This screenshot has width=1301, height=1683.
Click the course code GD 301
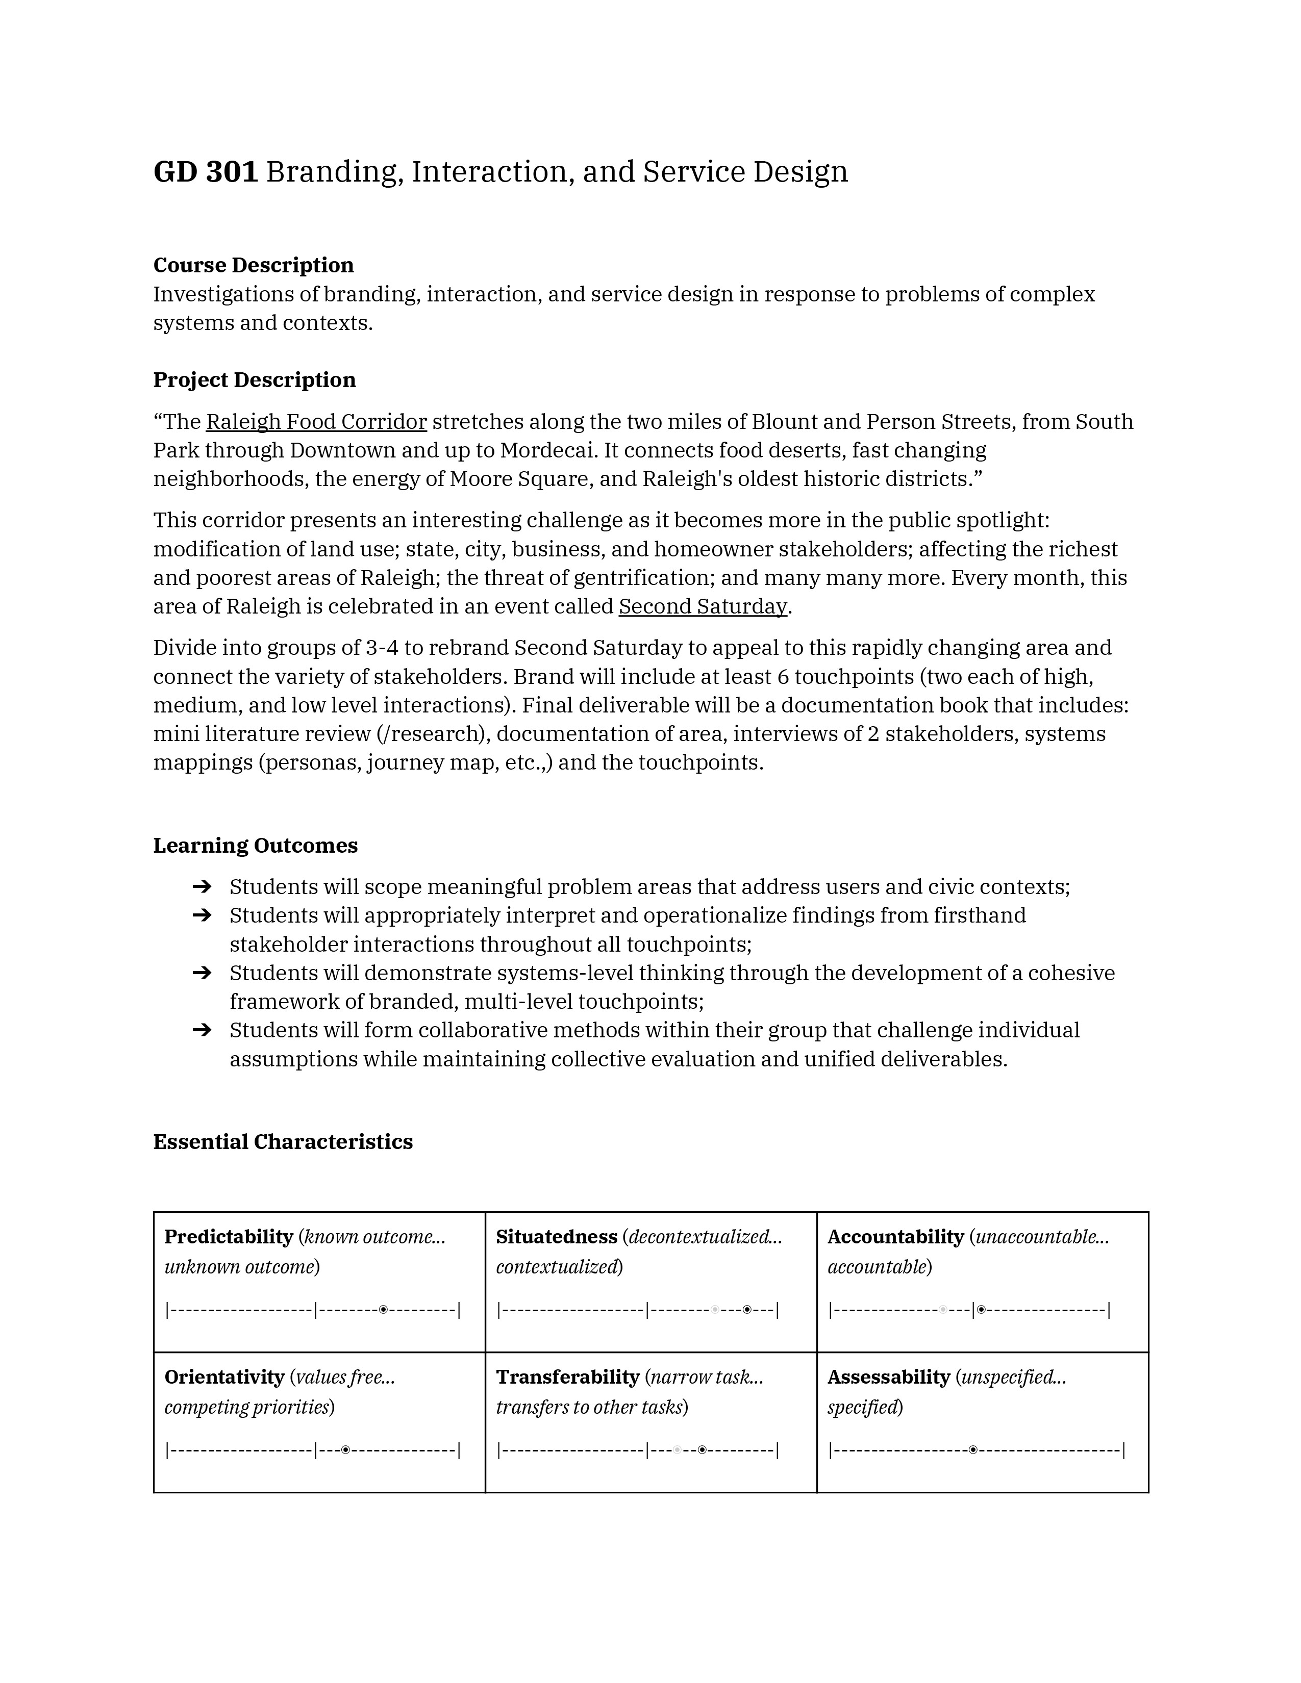click(205, 172)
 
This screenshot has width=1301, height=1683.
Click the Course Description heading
click(254, 265)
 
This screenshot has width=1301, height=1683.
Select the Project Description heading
click(255, 380)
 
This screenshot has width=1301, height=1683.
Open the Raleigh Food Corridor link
click(316, 422)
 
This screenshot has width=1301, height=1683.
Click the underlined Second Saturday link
click(702, 606)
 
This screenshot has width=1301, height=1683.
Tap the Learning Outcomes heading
click(255, 846)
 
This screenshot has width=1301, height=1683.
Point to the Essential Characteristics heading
click(283, 1141)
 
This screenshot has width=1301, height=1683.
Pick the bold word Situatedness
click(557, 1237)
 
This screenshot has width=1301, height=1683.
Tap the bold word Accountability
click(895, 1237)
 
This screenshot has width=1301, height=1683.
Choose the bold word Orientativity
click(224, 1377)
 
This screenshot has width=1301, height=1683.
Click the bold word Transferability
click(567, 1377)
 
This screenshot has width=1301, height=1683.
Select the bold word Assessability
click(889, 1377)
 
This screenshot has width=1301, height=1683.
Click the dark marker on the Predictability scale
click(383, 1309)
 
